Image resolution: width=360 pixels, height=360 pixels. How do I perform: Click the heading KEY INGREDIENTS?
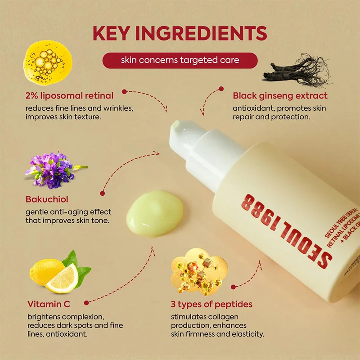pos(180,34)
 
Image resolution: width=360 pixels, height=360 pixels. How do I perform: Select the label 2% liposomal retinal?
pos(69,95)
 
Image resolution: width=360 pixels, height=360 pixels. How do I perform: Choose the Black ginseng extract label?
pos(280,95)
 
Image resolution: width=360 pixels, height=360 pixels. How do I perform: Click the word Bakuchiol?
pos(47,199)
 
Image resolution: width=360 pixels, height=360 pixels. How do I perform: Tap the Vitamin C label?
pos(48,304)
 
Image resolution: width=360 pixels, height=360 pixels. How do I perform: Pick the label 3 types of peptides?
pos(211,304)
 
